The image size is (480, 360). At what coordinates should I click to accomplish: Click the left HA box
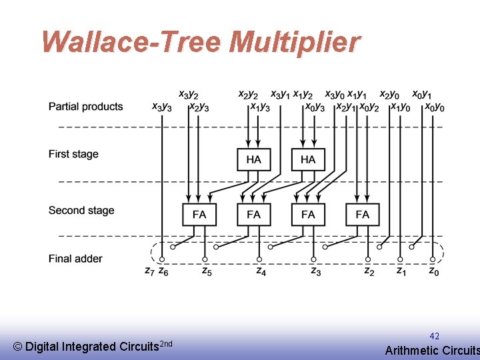coord(254,159)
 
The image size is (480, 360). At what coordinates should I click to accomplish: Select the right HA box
coord(308,159)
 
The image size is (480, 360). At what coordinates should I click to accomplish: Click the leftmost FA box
coord(199,214)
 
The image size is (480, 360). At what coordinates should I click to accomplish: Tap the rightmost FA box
coord(362,214)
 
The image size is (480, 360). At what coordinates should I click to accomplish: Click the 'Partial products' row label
coord(85,107)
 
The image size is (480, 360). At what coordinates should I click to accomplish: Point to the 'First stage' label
coord(73,154)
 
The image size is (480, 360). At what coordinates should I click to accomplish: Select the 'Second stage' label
coord(81,211)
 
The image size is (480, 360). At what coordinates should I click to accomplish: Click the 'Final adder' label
coord(75,259)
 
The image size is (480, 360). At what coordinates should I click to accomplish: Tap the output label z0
coord(433,271)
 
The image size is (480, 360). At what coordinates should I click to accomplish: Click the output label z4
coord(261,271)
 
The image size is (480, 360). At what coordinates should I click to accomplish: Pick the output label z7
coord(149,271)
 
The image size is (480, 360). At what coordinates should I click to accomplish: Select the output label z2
coord(369,271)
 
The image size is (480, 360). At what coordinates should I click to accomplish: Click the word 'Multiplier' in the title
coord(294,42)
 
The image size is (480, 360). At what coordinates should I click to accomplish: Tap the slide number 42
coord(434,336)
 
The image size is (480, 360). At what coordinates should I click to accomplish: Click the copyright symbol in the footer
coord(17,347)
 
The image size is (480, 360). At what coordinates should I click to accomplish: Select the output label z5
coord(207,271)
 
